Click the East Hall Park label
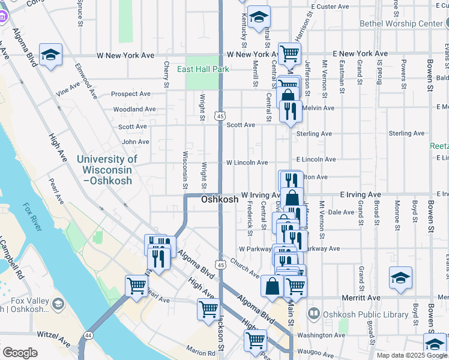pos(203,69)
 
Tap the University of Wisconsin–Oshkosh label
pos(107,165)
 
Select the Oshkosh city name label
pos(219,199)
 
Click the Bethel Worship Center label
pos(400,24)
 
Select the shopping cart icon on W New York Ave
pos(289,53)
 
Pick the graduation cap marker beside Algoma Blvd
pos(51,54)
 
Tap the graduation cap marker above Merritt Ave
pos(400,278)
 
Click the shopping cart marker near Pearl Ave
pos(136,286)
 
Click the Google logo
pos(20,353)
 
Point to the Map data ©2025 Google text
pos(411,355)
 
